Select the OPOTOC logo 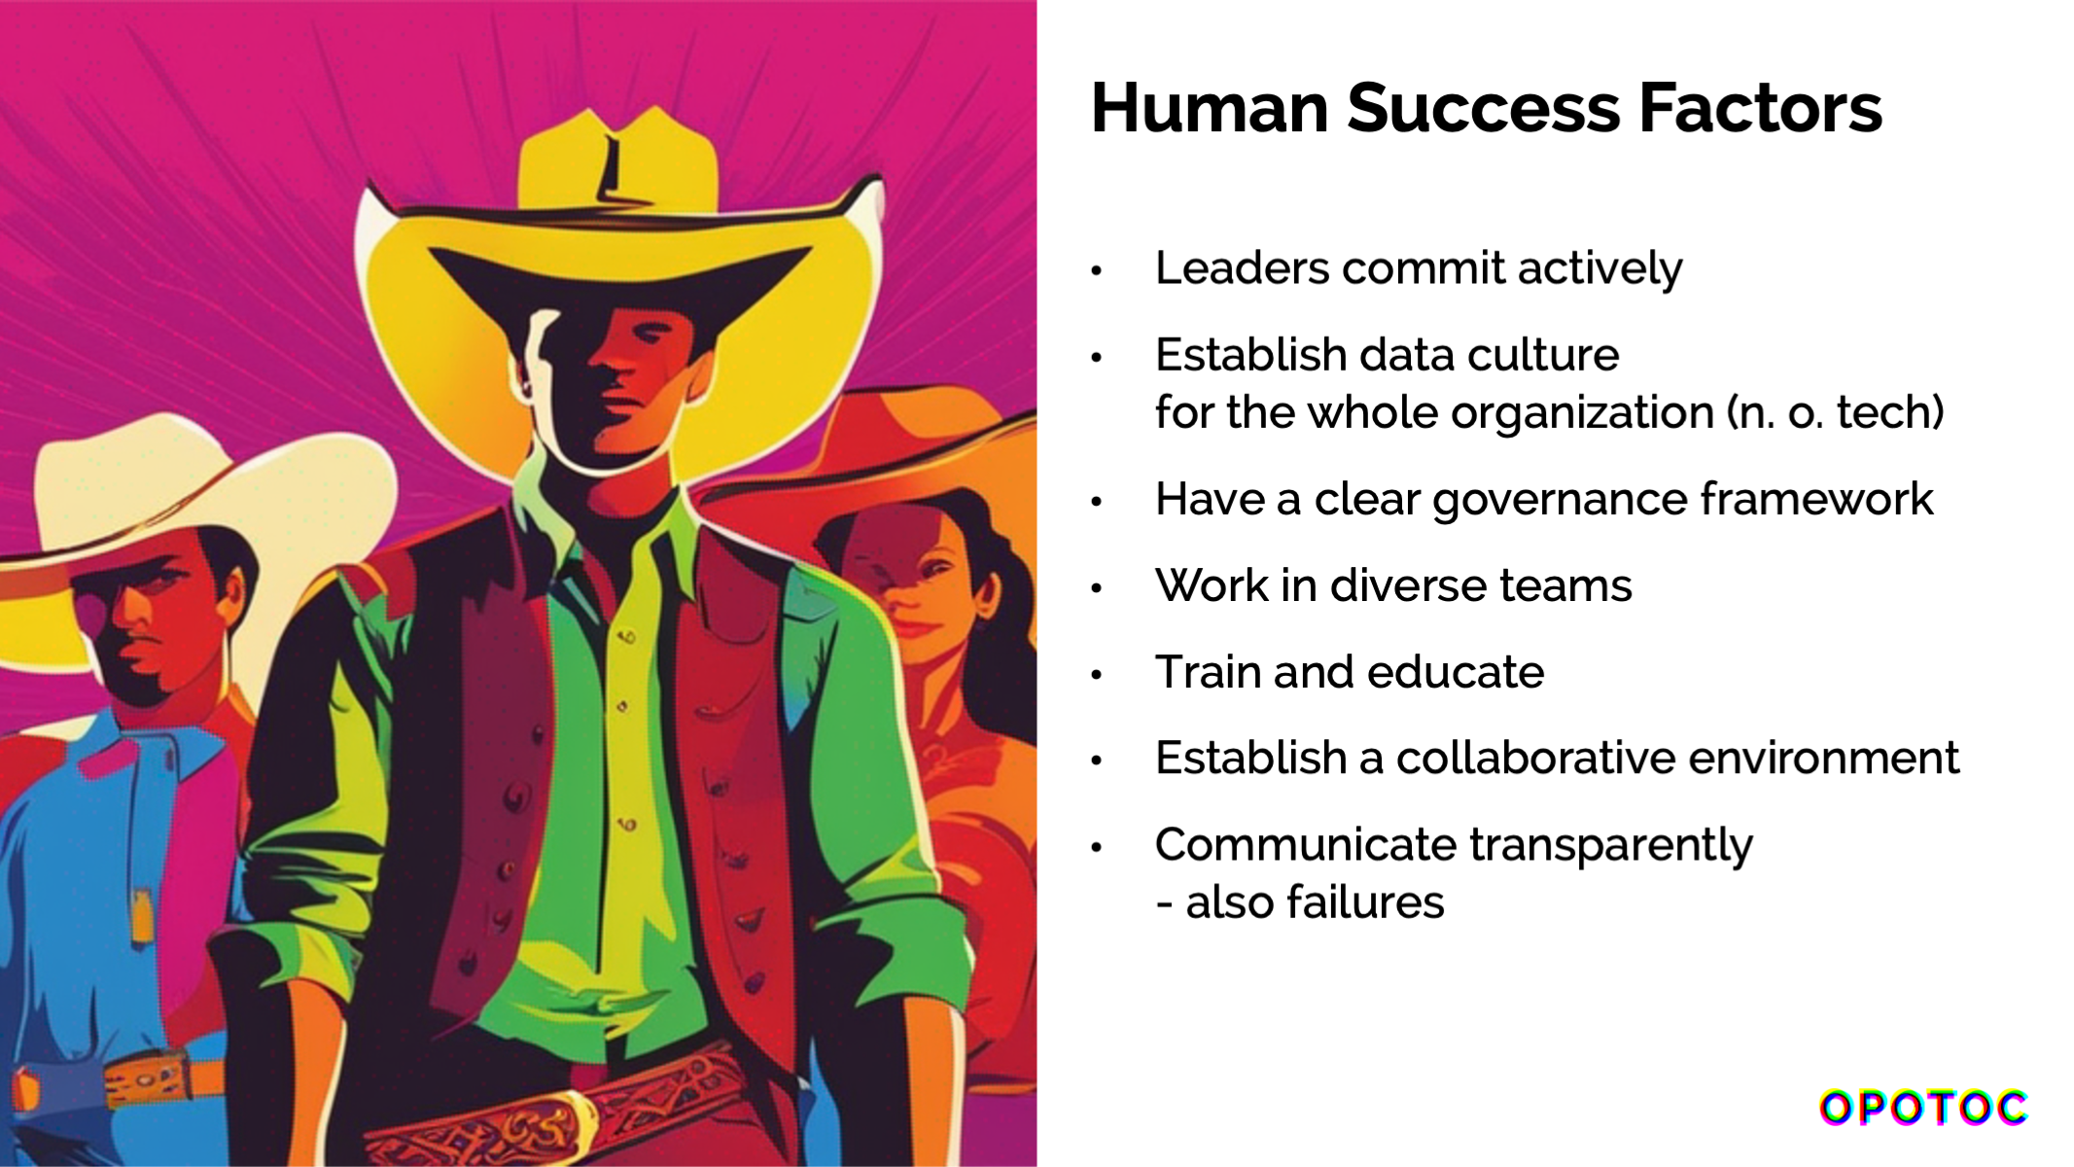[x=1923, y=1108]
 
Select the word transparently [x=1610, y=846]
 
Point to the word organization [x=1582, y=413]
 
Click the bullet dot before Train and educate [x=1097, y=675]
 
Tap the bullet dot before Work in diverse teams [x=1097, y=588]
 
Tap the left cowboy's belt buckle [x=146, y=1079]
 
